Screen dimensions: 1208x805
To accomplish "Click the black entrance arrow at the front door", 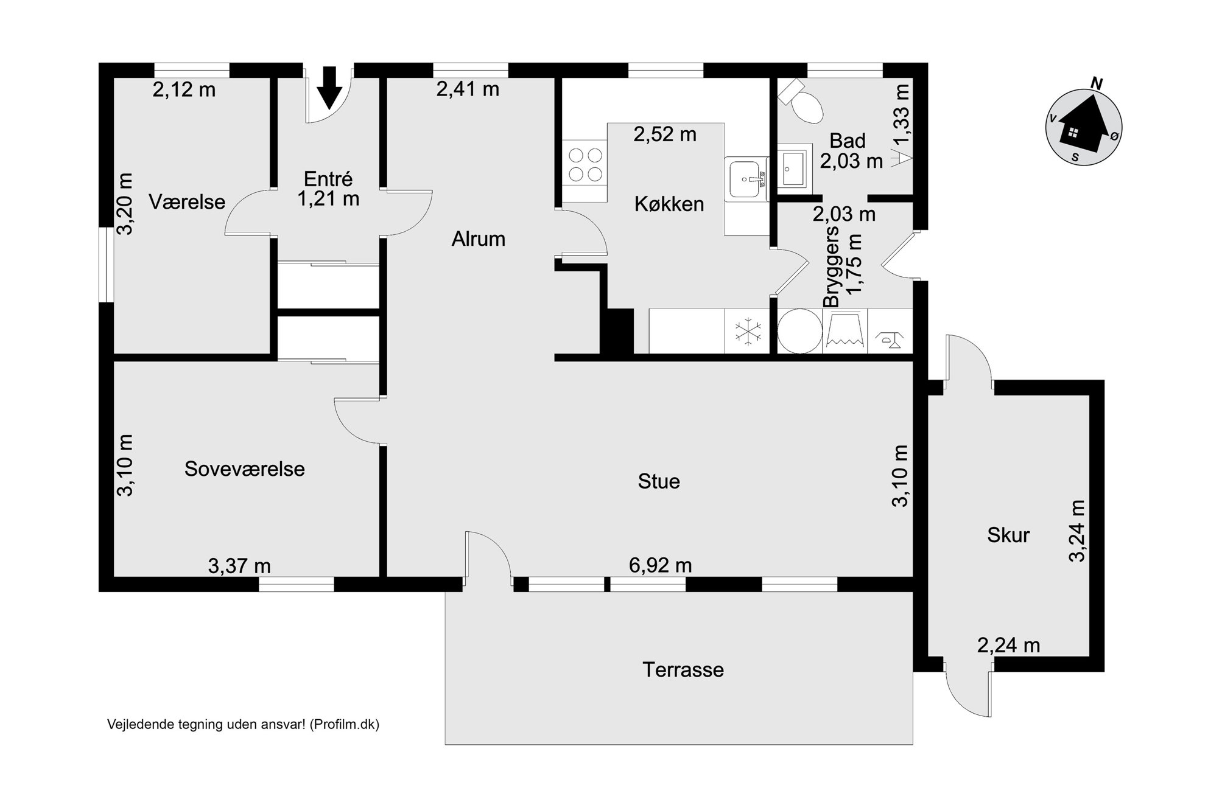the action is click(330, 88).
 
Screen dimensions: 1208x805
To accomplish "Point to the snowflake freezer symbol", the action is click(748, 332).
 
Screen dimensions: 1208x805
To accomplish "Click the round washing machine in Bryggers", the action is click(799, 331).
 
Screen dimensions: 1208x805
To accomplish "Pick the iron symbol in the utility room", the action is click(890, 339).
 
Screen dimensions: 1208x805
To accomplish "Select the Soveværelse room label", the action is click(244, 469).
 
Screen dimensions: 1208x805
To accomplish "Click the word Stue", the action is click(659, 481).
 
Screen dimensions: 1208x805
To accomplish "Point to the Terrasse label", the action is click(683, 670).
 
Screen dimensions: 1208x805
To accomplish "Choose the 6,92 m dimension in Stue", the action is click(660, 565).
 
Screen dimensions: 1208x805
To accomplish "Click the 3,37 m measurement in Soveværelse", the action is click(239, 566).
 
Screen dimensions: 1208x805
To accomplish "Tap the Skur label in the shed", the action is click(1008, 535).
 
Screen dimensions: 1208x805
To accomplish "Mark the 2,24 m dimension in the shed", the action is click(1008, 645).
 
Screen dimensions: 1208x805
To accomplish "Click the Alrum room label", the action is click(479, 239).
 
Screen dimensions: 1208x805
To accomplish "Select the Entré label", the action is click(328, 179).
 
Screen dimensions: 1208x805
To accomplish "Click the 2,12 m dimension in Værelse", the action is click(184, 90).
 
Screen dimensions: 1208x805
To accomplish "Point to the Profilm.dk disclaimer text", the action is click(243, 725).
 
